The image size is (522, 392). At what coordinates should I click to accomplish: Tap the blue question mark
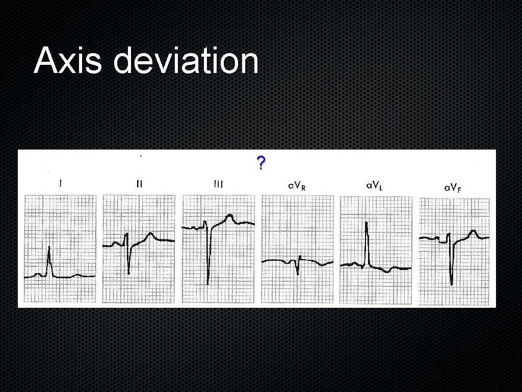click(x=260, y=164)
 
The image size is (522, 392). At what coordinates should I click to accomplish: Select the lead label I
click(x=61, y=184)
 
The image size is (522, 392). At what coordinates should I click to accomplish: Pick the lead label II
click(x=139, y=184)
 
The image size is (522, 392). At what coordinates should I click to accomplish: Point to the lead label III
click(x=218, y=184)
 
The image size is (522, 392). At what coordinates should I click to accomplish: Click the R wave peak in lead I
click(x=49, y=248)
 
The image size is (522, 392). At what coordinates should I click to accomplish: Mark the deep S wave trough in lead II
click(x=128, y=274)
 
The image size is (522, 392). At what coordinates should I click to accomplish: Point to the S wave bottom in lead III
click(x=208, y=283)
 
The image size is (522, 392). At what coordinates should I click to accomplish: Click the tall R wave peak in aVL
click(x=367, y=223)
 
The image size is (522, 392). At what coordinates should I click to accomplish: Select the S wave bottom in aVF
click(x=451, y=284)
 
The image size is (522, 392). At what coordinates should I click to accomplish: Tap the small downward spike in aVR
click(x=298, y=274)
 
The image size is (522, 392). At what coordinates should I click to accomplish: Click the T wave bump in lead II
click(x=150, y=234)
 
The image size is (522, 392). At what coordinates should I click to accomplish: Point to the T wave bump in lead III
click(x=230, y=216)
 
